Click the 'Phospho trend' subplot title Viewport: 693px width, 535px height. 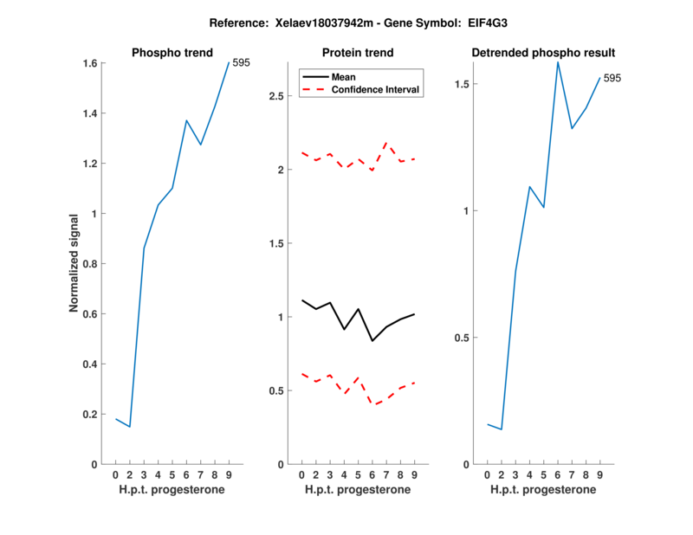(172, 53)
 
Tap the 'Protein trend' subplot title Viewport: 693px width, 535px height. (358, 53)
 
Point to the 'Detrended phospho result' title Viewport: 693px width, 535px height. (543, 53)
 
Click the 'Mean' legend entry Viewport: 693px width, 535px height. (344, 77)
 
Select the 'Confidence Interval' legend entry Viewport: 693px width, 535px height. (375, 89)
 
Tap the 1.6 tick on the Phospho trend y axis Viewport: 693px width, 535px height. (90, 63)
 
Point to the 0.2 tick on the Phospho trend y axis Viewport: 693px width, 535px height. (90, 414)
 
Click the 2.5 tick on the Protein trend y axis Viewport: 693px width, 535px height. (278, 95)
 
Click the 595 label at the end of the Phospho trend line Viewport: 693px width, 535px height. (241, 62)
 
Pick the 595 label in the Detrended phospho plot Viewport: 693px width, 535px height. (612, 78)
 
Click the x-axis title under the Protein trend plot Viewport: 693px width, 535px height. (358, 490)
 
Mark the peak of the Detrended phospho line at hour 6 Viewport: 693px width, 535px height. (558, 61)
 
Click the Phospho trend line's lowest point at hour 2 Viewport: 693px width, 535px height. (130, 427)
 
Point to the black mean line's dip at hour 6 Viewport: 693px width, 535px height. (372, 341)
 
